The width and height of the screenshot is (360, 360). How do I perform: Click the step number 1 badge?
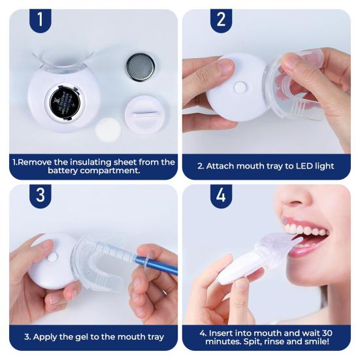(40, 20)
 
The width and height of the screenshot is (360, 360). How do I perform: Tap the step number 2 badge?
(221, 20)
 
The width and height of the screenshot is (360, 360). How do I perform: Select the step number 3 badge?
(40, 195)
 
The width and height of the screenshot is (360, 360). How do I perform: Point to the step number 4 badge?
(221, 195)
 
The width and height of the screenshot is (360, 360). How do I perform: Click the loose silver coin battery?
(140, 67)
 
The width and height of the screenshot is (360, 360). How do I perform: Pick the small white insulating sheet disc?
(108, 129)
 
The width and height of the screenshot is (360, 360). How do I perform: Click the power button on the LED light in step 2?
(240, 88)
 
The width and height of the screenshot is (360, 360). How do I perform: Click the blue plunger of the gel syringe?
(157, 263)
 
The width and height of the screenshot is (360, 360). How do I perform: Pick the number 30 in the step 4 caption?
(327, 333)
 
